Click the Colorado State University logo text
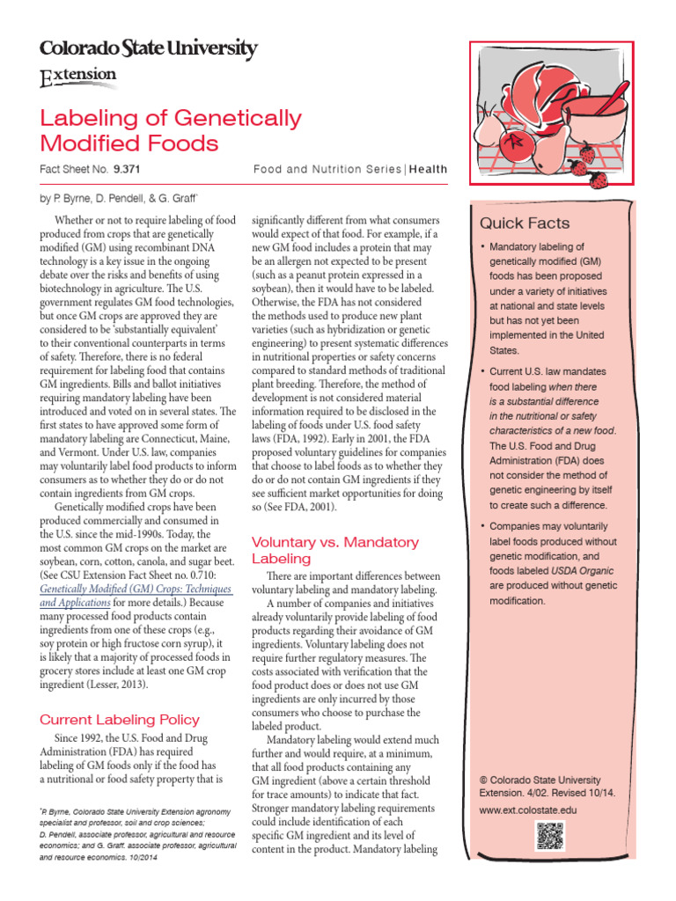pyautogui.click(x=148, y=48)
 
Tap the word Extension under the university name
pyautogui.click(x=78, y=77)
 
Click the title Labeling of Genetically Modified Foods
pyautogui.click(x=171, y=130)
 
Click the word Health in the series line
pyautogui.click(x=428, y=169)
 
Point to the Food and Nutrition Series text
pyautogui.click(x=327, y=169)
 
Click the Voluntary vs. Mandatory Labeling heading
pyautogui.click(x=335, y=550)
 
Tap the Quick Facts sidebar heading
pyautogui.click(x=524, y=223)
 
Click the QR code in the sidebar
pyautogui.click(x=548, y=834)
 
